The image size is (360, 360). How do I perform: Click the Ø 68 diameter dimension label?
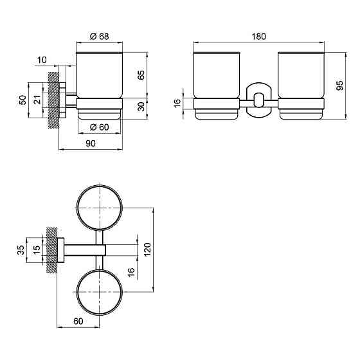[x=100, y=36]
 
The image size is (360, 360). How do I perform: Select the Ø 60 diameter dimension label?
[x=100, y=127]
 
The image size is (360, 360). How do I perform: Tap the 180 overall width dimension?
[x=258, y=37]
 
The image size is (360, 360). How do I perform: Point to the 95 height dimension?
[x=340, y=85]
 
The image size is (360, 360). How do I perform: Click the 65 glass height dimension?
[x=141, y=75]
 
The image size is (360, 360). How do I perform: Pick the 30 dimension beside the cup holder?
[x=141, y=107]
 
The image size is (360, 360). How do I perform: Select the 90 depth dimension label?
[x=91, y=143]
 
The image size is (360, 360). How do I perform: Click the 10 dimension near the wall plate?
[x=42, y=60]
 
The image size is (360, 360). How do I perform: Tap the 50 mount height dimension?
[x=23, y=100]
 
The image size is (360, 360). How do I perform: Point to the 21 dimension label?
[x=37, y=100]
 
